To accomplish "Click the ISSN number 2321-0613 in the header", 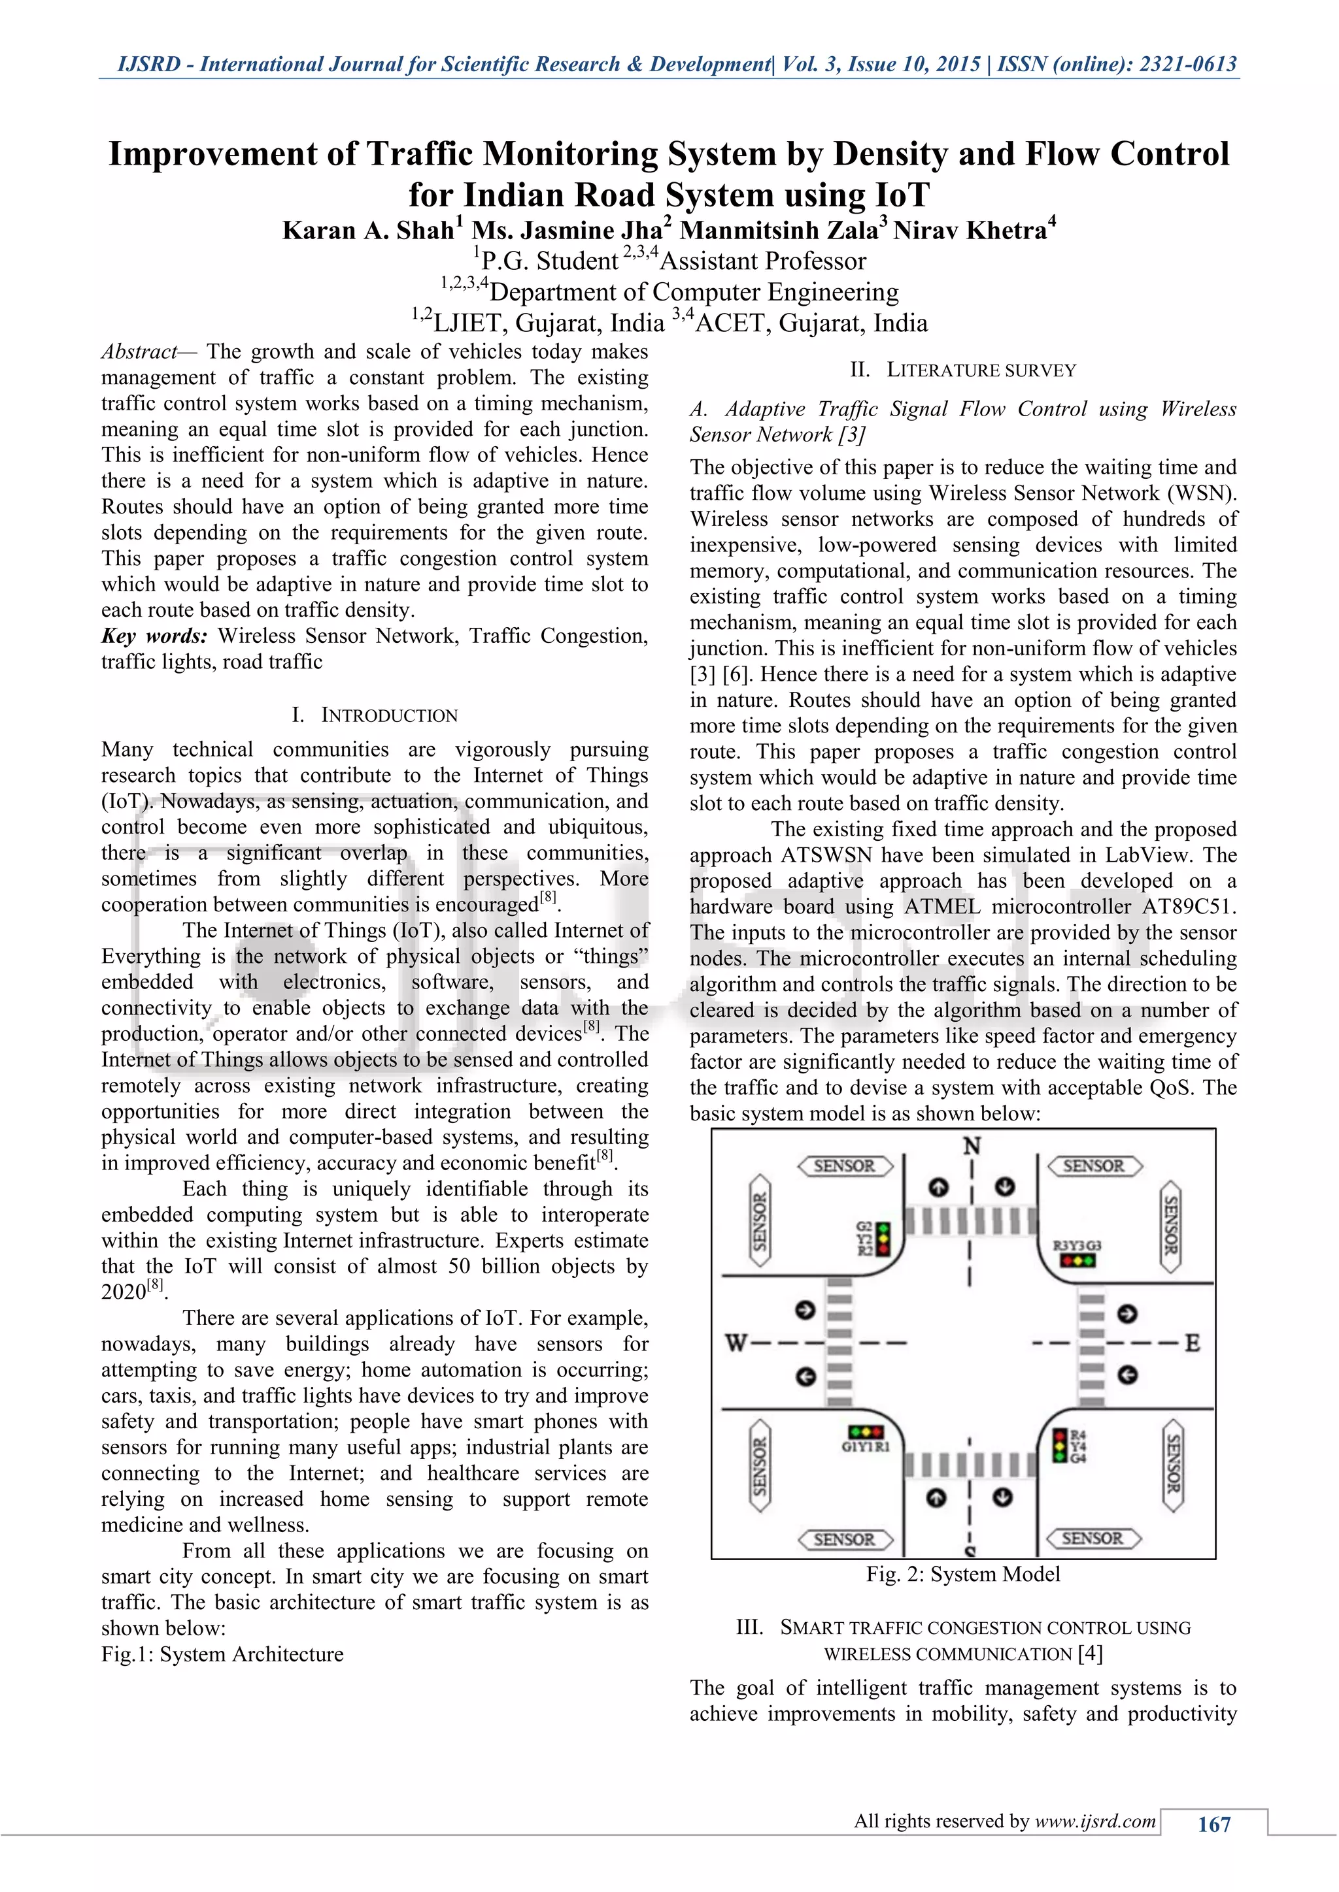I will coord(1187,64).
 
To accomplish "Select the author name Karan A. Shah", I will coord(367,231).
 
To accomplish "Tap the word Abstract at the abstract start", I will coord(139,352).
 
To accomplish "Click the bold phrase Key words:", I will coord(154,636).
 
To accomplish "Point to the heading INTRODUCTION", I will coord(388,715).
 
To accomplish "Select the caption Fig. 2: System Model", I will coord(963,1574).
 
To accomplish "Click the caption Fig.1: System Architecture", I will coord(222,1655).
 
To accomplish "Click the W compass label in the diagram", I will coord(736,1343).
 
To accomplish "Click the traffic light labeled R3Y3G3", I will coord(1077,1261).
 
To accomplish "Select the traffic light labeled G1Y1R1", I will coord(866,1431).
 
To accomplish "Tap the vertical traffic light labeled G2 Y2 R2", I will coord(883,1239).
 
